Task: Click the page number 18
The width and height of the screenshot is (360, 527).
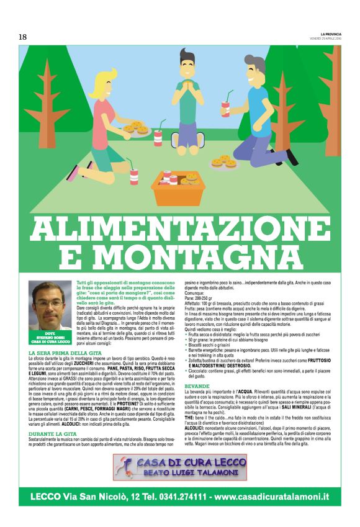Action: pos(22,37)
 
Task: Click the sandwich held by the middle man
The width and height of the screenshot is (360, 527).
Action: pos(187,82)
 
